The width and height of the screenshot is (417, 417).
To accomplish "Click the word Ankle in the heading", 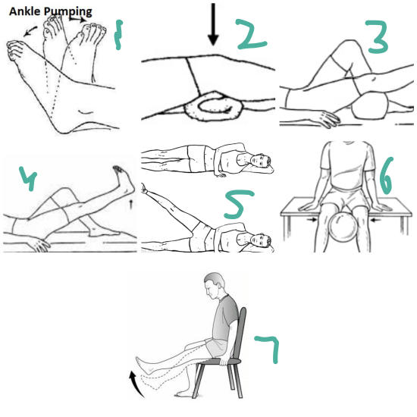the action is click(25, 11).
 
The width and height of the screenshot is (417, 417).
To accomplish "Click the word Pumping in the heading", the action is click(67, 12).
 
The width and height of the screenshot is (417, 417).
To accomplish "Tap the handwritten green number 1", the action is click(118, 35).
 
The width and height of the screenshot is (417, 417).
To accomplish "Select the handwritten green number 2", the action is click(251, 35).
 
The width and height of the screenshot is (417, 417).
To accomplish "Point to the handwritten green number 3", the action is click(377, 37).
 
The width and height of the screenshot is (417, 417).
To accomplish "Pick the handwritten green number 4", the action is click(28, 178).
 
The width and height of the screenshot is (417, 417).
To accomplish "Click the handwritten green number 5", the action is click(238, 204).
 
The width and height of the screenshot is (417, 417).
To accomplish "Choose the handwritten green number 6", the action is click(386, 176).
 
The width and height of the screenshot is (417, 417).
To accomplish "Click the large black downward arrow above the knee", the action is click(213, 24).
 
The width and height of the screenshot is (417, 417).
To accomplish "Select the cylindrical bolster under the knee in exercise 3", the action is click(370, 106).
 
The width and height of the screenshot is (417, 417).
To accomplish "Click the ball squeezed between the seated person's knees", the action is click(343, 227).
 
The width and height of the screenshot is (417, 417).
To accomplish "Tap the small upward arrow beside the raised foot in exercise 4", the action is click(130, 205).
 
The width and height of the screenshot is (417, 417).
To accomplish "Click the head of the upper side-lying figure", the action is click(261, 160).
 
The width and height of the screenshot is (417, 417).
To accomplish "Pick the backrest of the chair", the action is click(239, 334).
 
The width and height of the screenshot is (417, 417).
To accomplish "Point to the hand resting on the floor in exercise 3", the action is click(326, 118).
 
